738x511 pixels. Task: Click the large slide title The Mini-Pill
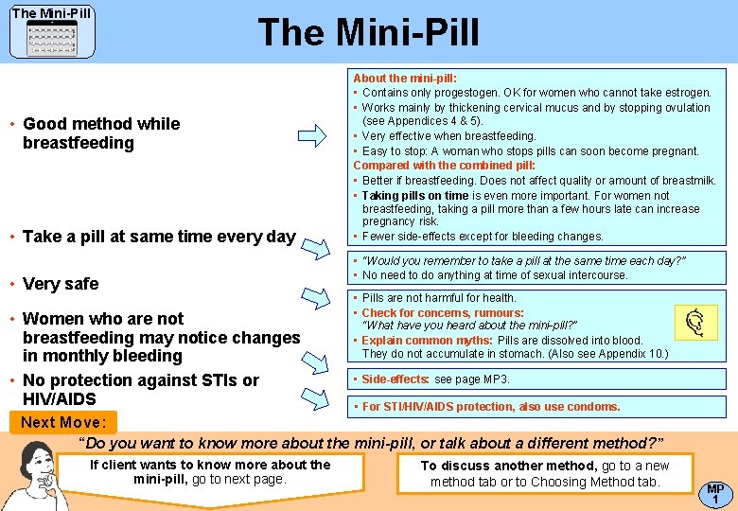tap(368, 33)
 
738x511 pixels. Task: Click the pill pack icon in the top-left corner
tap(52, 39)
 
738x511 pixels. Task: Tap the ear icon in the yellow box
tap(695, 323)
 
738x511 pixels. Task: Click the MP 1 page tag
tap(715, 493)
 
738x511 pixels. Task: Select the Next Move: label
tap(64, 422)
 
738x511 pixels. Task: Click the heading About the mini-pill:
tap(404, 79)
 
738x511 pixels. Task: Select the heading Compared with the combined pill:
tap(444, 166)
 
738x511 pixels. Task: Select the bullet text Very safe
tap(61, 283)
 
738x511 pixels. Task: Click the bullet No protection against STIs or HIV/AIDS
tap(140, 390)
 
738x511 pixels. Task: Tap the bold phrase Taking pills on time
tap(415, 195)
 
